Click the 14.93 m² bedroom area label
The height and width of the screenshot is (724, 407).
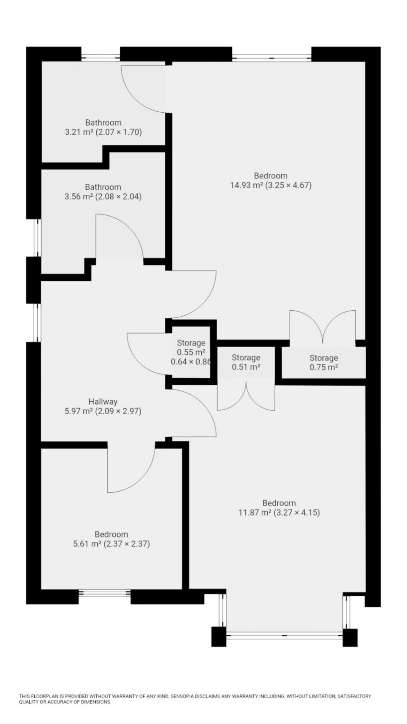271,180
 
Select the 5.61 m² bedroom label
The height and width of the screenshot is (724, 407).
111,539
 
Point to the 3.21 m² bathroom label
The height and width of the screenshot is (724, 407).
103,127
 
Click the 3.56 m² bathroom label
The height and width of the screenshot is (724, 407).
103,192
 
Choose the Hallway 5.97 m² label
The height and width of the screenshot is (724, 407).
103,406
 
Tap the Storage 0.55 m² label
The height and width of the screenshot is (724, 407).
191,352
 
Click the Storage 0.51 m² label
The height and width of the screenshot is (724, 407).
246,362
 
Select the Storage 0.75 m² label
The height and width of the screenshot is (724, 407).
324,362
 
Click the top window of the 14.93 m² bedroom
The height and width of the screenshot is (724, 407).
272,58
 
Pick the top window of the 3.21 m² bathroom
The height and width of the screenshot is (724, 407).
101,58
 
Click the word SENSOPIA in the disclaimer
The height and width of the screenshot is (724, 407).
182,697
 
